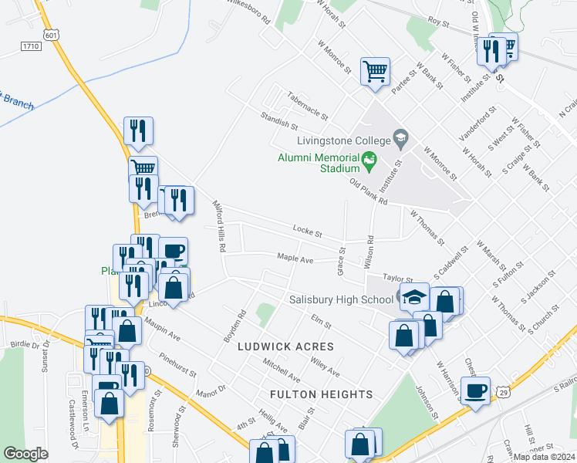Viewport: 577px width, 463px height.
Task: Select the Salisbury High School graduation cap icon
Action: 414,297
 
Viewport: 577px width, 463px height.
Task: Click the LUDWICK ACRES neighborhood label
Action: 286,346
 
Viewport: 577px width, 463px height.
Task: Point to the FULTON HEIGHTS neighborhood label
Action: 322,394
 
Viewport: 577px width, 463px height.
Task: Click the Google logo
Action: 25,454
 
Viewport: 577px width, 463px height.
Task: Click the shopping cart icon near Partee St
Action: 375,72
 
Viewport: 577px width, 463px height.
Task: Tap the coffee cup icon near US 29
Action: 475,390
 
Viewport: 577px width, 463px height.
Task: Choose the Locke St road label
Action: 307,229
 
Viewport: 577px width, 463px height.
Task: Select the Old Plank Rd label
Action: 367,193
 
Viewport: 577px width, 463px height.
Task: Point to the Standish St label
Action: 278,123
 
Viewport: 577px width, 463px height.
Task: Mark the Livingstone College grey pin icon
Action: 400,140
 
